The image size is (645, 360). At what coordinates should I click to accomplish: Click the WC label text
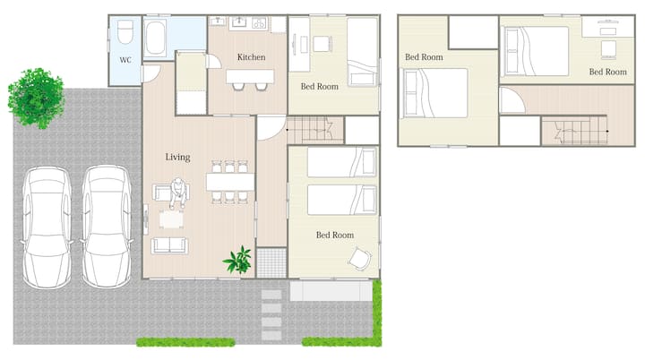[x=125, y=60]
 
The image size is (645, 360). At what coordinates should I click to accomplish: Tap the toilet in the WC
[x=125, y=32]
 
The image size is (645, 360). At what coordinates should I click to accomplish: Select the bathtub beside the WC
[x=156, y=38]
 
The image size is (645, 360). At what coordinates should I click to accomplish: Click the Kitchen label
[x=251, y=57]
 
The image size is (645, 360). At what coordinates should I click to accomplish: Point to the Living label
[x=177, y=158]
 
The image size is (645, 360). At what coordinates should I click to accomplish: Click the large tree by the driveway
[x=36, y=98]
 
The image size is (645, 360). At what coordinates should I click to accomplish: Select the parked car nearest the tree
[x=47, y=227]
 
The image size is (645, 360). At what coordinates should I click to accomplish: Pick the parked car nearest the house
[x=107, y=227]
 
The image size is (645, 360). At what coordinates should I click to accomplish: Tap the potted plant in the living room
[x=237, y=260]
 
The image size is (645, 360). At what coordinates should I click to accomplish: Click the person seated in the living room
[x=177, y=193]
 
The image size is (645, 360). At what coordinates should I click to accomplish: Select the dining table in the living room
[x=230, y=182]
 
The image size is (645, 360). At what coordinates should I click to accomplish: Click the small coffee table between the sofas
[x=171, y=219]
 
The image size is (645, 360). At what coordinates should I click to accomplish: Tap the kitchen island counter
[x=250, y=76]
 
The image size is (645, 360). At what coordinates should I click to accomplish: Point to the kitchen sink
[x=238, y=22]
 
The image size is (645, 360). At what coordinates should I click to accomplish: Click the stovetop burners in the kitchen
[x=259, y=23]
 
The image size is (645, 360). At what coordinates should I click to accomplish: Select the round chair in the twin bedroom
[x=359, y=259]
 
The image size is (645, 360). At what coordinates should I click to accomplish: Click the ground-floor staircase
[x=315, y=130]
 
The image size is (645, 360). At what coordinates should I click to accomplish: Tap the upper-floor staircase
[x=574, y=131]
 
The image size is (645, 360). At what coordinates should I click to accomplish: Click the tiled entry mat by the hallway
[x=271, y=262]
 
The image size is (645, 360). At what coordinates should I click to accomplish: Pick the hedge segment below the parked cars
[x=185, y=342]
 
